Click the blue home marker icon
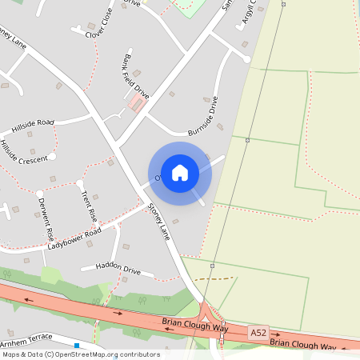tap(180, 172)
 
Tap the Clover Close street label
tap(100, 24)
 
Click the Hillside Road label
tap(33, 126)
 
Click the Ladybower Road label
tap(74, 238)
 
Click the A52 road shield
tap(258, 332)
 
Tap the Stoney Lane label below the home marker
tap(159, 221)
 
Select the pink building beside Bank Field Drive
tap(137, 104)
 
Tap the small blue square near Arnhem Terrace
tap(77, 346)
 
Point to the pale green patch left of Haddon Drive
tap(50, 276)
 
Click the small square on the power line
tap(248, 140)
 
